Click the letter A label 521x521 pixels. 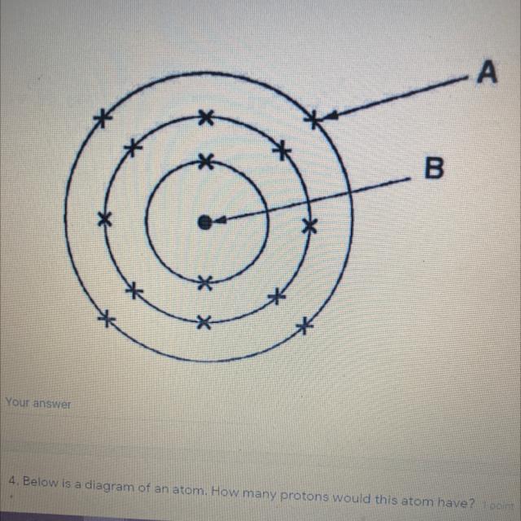click(487, 72)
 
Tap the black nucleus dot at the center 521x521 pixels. click(204, 220)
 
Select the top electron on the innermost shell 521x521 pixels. click(206, 160)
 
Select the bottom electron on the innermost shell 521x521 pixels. click(205, 282)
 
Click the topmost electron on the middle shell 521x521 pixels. click(207, 118)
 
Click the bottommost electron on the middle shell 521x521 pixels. click(204, 322)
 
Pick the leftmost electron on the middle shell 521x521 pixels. click(104, 218)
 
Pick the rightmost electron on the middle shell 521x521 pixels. click(309, 225)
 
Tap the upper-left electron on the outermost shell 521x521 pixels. click(102, 119)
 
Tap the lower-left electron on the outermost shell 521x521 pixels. click(106, 319)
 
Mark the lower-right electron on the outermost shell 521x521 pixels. click(304, 326)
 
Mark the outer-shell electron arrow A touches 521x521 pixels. click(313, 120)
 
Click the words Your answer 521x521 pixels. click(38, 403)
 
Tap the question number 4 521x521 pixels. click(14, 480)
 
